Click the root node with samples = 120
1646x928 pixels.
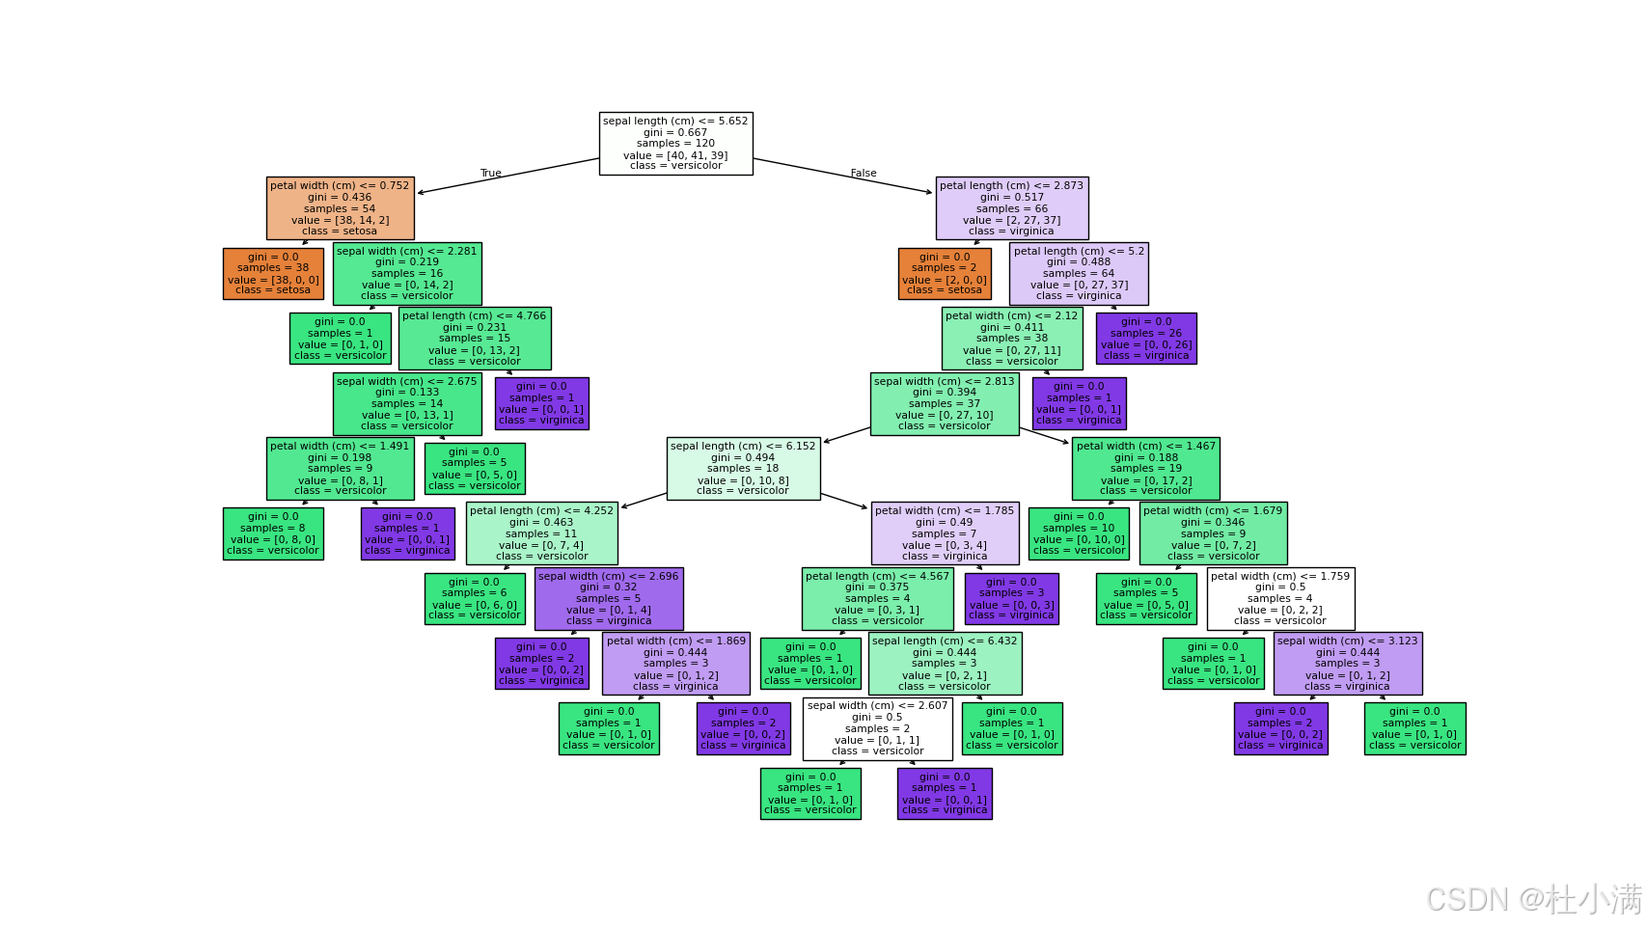pyautogui.click(x=675, y=144)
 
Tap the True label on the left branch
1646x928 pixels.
pyautogui.click(x=491, y=174)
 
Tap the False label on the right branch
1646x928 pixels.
pyautogui.click(x=864, y=174)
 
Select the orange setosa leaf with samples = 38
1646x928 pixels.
pyautogui.click(x=273, y=274)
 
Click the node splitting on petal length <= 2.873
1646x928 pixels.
pyautogui.click(x=1011, y=208)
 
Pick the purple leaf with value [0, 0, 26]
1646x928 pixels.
pyautogui.click(x=1146, y=339)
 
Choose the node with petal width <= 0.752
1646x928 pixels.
pyautogui.click(x=340, y=208)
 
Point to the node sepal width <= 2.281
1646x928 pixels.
pyautogui.click(x=406, y=274)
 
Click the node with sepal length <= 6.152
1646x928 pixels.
pyautogui.click(x=743, y=469)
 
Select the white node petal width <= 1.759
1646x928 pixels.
pyautogui.click(x=1280, y=599)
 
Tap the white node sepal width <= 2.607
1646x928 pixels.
pyautogui.click(x=877, y=729)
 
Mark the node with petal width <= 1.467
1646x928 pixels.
pyautogui.click(x=1145, y=469)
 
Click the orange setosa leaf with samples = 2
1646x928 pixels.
pyautogui.click(x=945, y=274)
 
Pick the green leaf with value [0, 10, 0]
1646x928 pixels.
pyautogui.click(x=1079, y=533)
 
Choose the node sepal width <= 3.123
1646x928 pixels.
pyautogui.click(x=1347, y=664)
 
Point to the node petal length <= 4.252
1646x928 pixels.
pyautogui.click(x=541, y=533)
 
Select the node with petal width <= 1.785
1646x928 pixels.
pyautogui.click(x=945, y=533)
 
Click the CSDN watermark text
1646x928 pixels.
pyautogui.click(x=1534, y=899)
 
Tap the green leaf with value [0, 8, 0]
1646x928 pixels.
pyautogui.click(x=273, y=533)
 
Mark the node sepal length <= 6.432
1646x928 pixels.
pyautogui.click(x=945, y=664)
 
